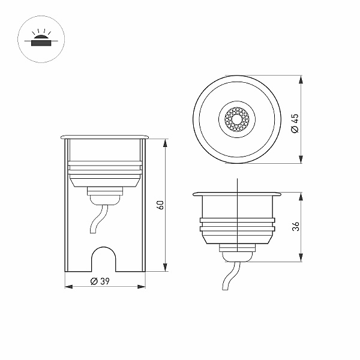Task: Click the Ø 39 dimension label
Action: pyautogui.click(x=100, y=281)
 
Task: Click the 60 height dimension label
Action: pyautogui.click(x=160, y=205)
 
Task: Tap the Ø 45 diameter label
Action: pyautogui.click(x=295, y=123)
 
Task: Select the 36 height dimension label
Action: pyautogui.click(x=296, y=226)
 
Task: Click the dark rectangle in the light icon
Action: pyautogui.click(x=41, y=43)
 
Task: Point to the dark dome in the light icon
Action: pyautogui.click(x=41, y=37)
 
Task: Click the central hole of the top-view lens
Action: pyautogui.click(x=237, y=119)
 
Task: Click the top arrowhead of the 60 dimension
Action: pyautogui.click(x=165, y=143)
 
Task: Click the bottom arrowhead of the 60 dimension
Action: pyautogui.click(x=165, y=268)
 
